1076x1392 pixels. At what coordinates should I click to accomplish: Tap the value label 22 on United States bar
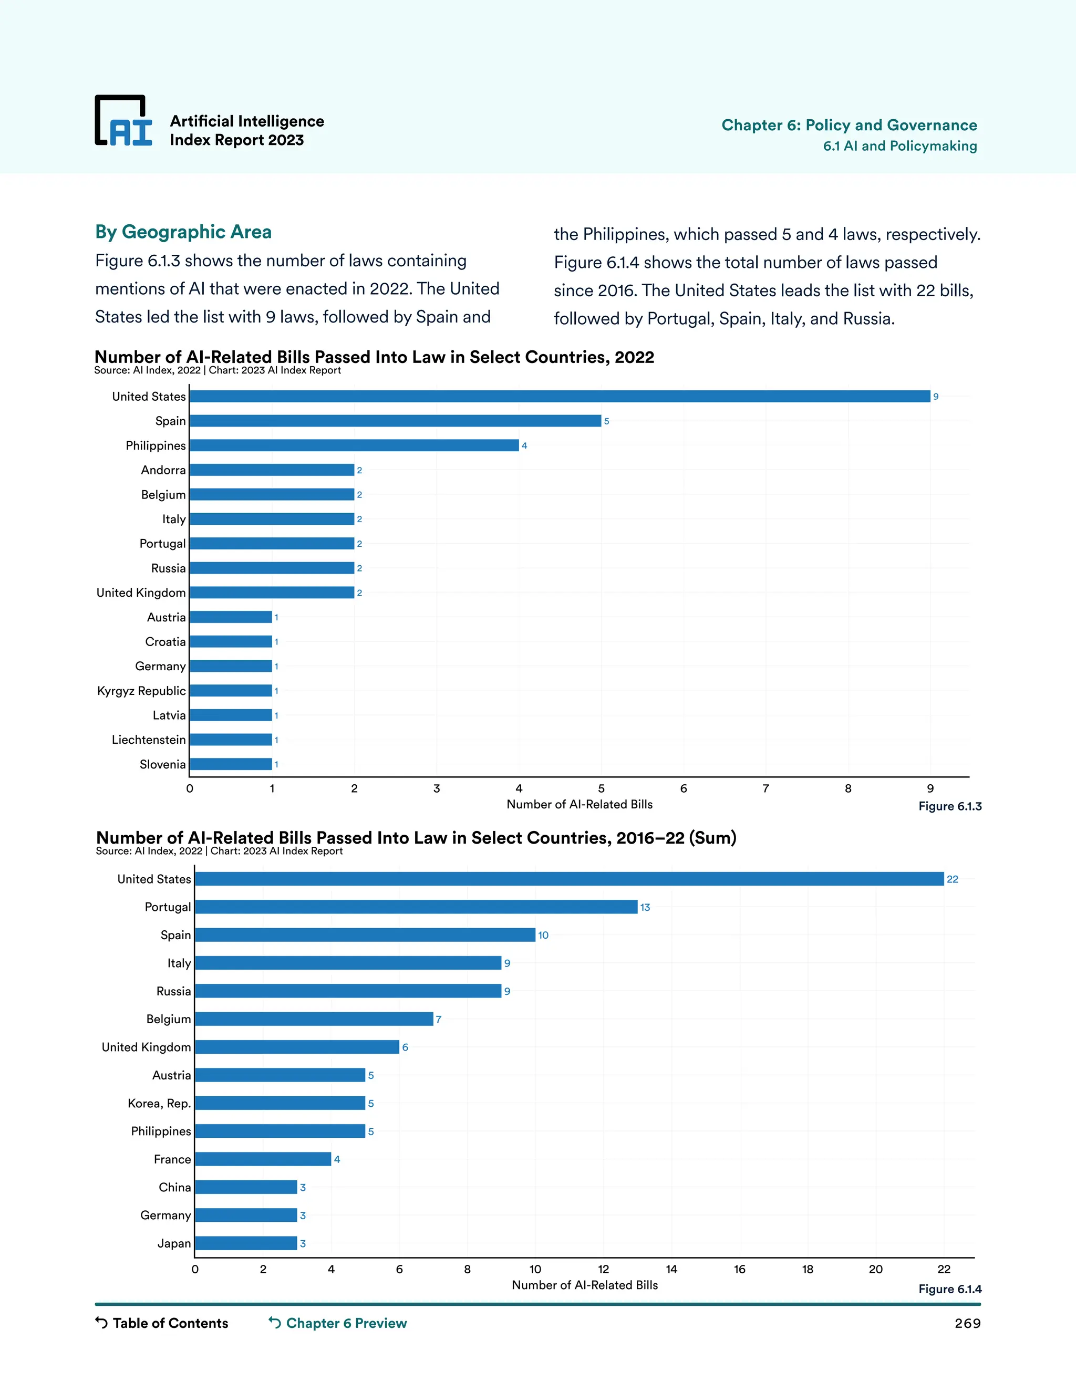tap(953, 879)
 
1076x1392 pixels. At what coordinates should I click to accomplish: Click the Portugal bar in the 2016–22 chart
tap(416, 907)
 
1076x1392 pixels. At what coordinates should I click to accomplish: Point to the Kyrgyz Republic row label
tap(141, 691)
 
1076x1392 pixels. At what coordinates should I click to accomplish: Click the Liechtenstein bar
tap(231, 740)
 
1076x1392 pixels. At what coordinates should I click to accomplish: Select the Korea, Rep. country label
tap(159, 1103)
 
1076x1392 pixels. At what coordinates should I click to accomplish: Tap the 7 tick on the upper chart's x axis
tap(765, 789)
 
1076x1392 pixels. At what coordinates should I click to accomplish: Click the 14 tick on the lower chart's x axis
tap(671, 1270)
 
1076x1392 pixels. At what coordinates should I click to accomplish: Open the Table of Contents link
tap(162, 1323)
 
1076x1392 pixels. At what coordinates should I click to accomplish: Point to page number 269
tap(967, 1324)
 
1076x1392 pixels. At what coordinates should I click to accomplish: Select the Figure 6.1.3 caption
tap(949, 806)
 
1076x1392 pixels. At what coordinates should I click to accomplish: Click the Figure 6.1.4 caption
tap(949, 1289)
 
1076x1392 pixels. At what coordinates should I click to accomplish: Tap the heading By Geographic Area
tap(183, 232)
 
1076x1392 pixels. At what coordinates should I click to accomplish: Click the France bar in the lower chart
tap(263, 1159)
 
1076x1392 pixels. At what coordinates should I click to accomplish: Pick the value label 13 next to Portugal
tap(645, 908)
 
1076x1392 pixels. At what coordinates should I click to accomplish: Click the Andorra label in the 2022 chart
tap(163, 470)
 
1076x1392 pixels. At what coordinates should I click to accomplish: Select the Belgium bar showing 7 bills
tap(314, 1019)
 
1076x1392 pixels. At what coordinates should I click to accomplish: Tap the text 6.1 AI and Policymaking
tap(899, 146)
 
